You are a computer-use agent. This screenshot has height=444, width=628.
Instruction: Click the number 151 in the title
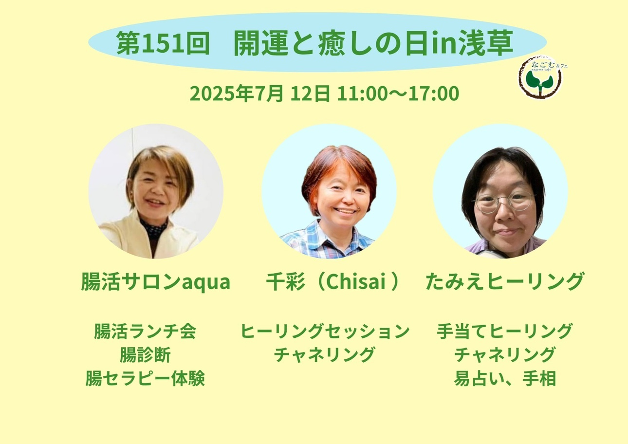(160, 43)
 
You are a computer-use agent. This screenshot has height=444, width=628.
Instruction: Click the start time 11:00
(362, 93)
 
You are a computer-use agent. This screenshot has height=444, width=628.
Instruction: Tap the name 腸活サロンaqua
(156, 282)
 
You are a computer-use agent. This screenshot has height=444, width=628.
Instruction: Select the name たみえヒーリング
(504, 281)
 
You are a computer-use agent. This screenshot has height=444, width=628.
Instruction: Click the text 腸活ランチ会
(145, 331)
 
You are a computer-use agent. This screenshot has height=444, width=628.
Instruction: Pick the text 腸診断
(145, 354)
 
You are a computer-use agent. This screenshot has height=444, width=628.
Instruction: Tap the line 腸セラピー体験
(145, 378)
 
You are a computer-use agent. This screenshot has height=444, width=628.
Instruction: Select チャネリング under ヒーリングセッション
(325, 354)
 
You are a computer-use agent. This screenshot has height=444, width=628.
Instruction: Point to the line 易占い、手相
(505, 378)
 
